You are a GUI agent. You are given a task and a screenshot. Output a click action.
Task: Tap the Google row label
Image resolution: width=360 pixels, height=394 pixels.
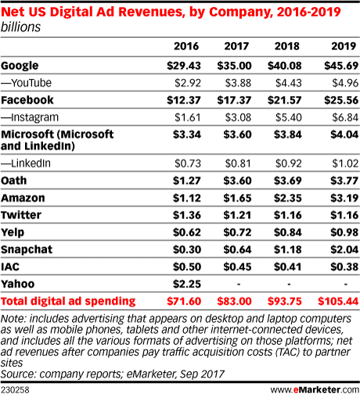[x=21, y=65]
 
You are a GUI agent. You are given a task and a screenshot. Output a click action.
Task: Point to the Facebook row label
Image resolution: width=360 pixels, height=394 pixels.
[x=27, y=101]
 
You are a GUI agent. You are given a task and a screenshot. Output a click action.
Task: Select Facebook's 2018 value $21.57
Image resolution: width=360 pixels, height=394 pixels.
[x=285, y=101]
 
